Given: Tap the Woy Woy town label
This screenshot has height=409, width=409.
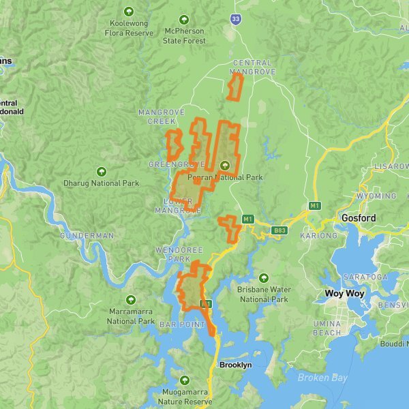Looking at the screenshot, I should click(x=344, y=294).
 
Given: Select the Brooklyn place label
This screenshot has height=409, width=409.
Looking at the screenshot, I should click(x=235, y=365).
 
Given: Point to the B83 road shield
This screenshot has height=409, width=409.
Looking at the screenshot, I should click(x=279, y=230).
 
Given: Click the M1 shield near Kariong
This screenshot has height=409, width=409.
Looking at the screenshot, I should click(x=315, y=206).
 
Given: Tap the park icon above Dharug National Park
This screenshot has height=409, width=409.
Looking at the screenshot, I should click(x=102, y=171).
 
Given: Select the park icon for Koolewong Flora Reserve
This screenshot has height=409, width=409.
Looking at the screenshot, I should click(x=129, y=11).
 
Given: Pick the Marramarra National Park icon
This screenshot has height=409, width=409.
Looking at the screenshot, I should click(x=131, y=300).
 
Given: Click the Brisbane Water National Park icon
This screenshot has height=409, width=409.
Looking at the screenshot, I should click(x=264, y=277).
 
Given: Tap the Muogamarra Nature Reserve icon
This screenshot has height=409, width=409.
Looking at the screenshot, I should click(x=183, y=380).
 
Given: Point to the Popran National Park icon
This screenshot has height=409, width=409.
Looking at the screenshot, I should click(x=225, y=165).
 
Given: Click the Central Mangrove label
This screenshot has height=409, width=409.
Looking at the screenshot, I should click(x=252, y=67).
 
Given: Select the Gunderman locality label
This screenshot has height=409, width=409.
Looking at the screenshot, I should click(x=87, y=235).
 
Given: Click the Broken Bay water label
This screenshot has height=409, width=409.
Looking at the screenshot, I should click(x=322, y=378).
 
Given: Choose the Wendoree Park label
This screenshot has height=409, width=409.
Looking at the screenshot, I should click(x=179, y=255).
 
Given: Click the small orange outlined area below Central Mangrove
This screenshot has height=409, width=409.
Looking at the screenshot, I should click(x=235, y=87).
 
